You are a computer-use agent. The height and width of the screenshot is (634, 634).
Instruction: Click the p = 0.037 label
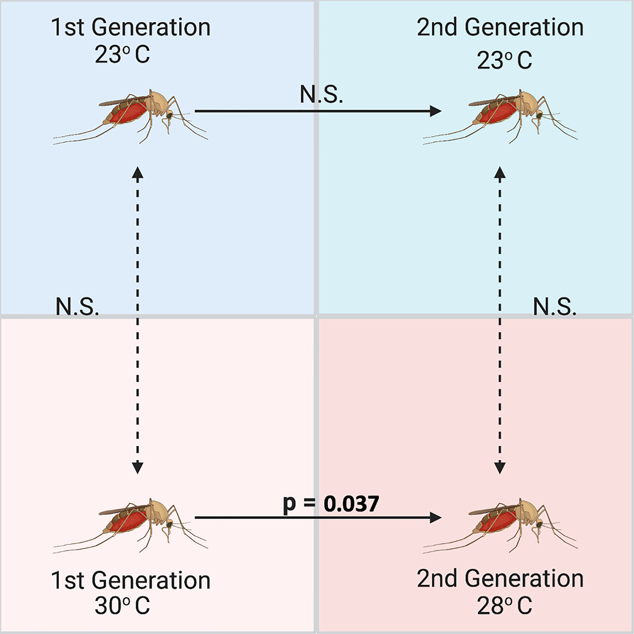click(331, 504)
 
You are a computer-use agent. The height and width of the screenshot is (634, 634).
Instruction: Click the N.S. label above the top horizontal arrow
click(321, 95)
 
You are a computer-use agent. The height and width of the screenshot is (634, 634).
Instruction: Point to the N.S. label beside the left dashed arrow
click(77, 307)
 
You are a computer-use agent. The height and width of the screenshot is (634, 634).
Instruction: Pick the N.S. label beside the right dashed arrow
click(555, 307)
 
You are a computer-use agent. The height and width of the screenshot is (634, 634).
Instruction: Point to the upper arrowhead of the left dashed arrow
click(137, 172)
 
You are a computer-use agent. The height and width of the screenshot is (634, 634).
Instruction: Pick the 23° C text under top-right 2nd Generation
click(504, 60)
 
